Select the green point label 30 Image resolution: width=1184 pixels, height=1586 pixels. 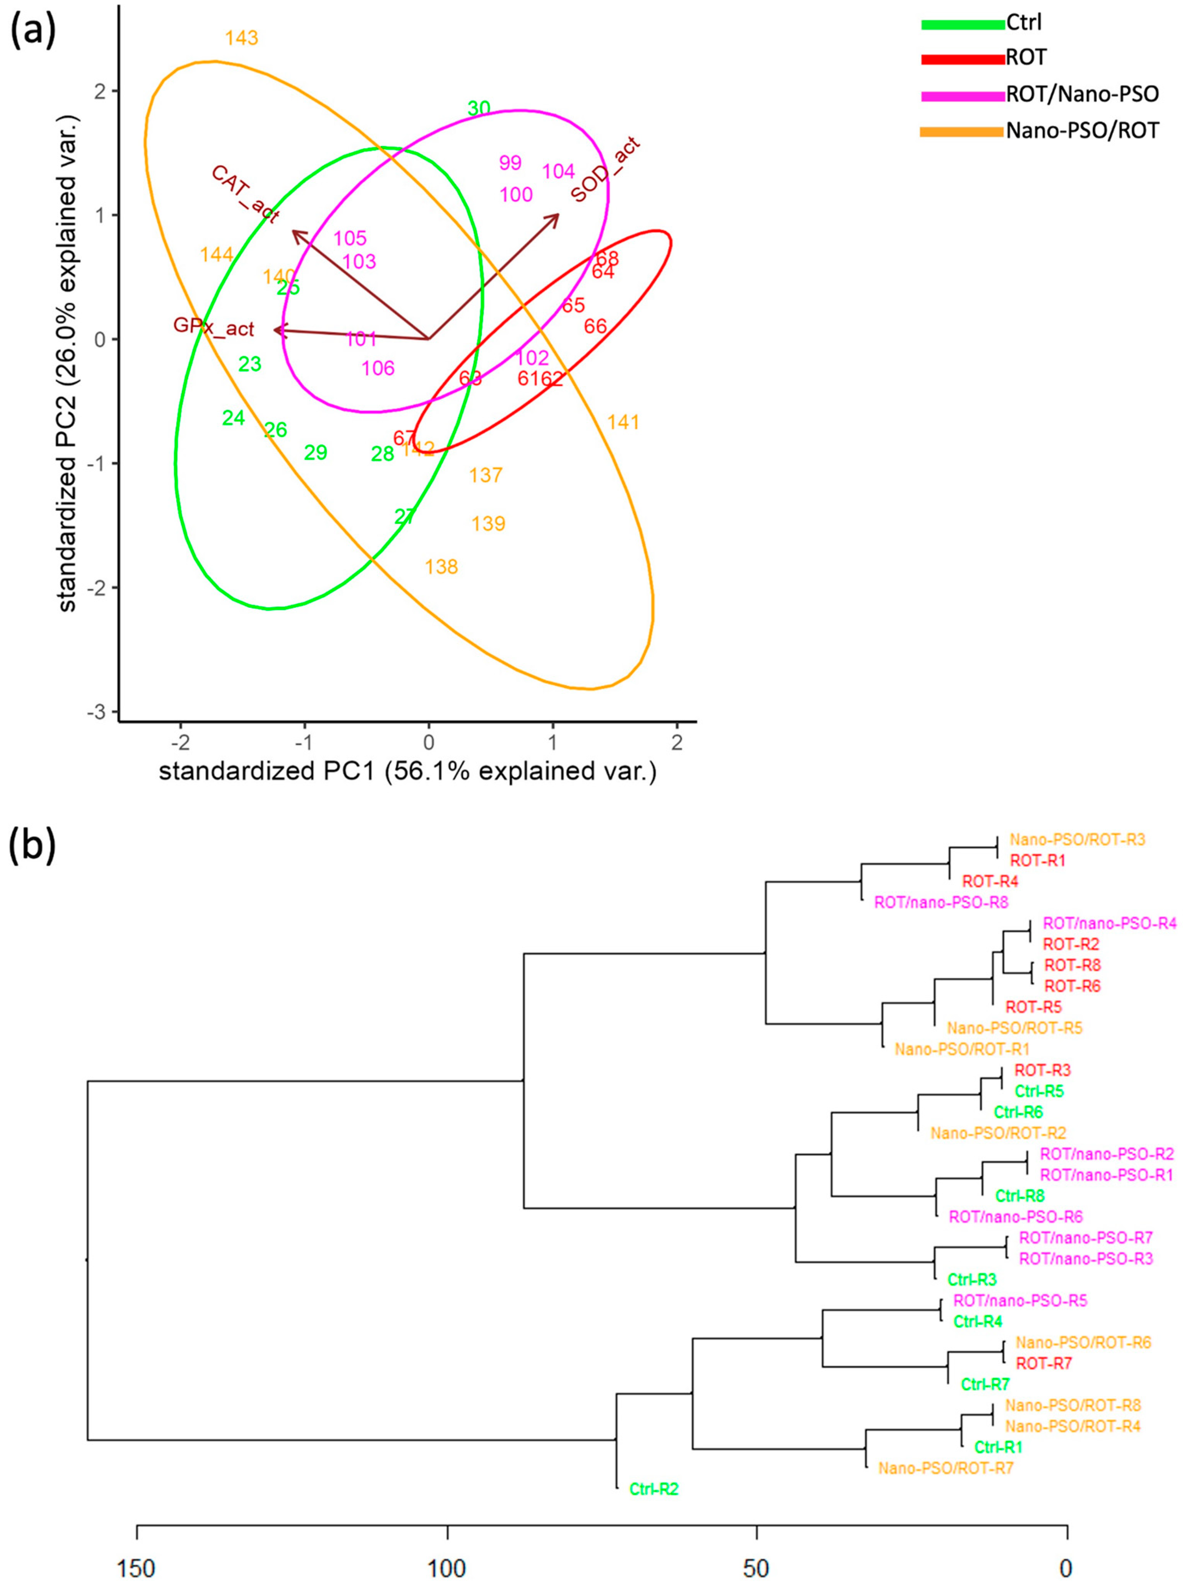tap(479, 108)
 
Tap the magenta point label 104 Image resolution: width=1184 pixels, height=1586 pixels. tap(558, 172)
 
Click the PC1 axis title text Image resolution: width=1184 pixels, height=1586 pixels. tap(407, 772)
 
